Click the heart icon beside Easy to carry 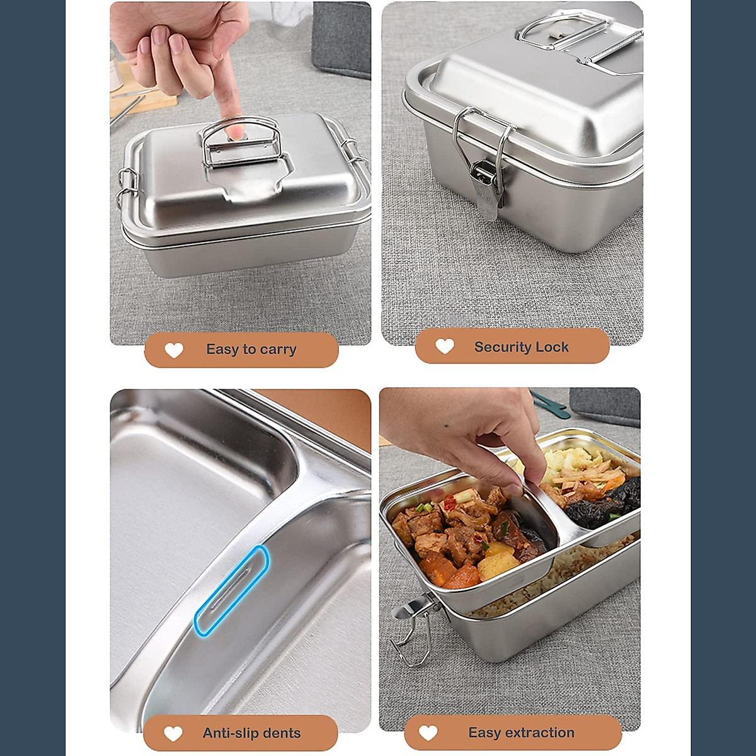[x=174, y=350]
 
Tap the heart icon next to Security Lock [x=445, y=346]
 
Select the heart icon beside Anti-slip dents [x=173, y=733]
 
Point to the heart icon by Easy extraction [x=428, y=733]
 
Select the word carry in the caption [x=278, y=350]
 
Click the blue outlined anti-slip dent [x=231, y=590]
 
